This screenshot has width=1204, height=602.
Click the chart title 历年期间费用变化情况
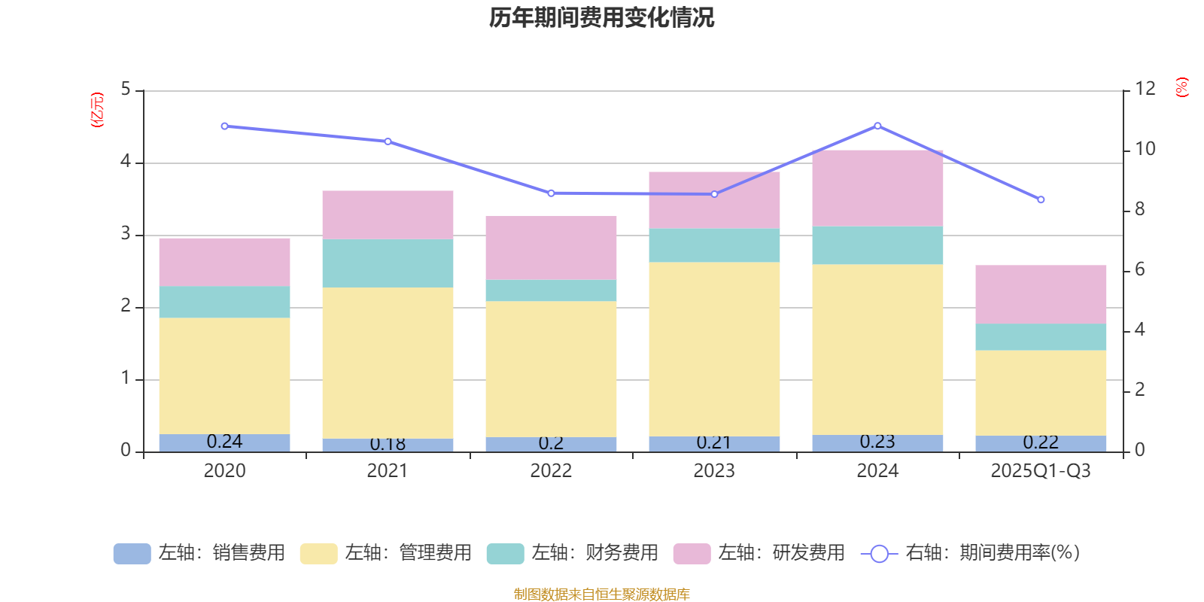point(601,17)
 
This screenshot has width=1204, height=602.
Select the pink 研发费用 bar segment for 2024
point(877,188)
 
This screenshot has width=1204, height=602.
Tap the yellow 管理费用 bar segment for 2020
point(224,375)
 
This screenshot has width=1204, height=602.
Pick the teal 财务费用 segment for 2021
point(388,263)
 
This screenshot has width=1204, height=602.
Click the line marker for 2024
point(877,126)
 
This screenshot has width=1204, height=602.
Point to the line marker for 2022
point(551,193)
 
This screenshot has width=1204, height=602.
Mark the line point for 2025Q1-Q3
point(1041,199)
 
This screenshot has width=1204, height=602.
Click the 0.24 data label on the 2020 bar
point(224,442)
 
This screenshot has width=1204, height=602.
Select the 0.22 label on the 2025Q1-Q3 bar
point(1041,442)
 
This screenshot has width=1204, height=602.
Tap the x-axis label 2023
point(714,471)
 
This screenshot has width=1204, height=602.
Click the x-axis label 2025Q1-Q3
point(1041,471)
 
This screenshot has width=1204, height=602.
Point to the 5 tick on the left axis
point(126,90)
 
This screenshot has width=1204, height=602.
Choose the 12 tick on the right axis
point(1145,89)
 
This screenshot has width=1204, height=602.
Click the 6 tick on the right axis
point(1139,269)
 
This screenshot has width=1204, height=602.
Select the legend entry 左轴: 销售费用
point(199,553)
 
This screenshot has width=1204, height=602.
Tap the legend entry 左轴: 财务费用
point(573,553)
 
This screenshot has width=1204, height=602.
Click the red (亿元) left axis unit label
point(97,110)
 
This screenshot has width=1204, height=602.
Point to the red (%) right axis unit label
point(1182,87)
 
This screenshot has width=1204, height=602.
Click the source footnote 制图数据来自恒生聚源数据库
point(601,594)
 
